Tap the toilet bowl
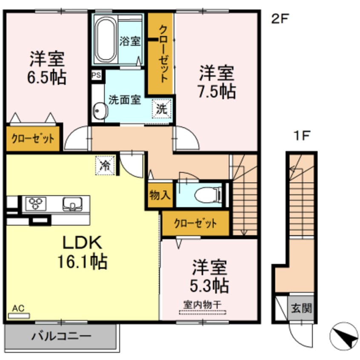click(206, 195)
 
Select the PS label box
click(97, 75)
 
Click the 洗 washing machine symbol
click(163, 108)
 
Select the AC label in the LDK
click(17, 308)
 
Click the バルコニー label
click(61, 336)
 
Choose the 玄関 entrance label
click(301, 308)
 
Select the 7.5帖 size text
click(217, 91)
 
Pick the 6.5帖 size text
click(47, 77)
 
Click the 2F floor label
click(281, 18)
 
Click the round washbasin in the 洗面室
click(100, 111)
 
